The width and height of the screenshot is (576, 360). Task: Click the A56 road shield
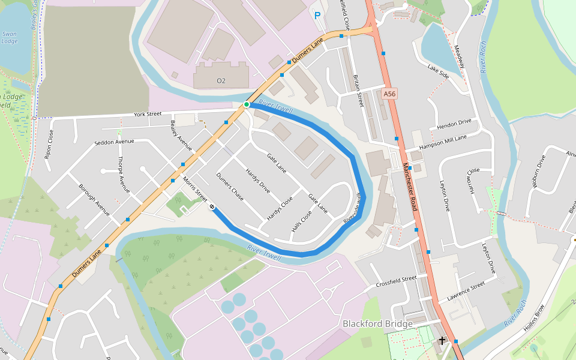[x=390, y=94]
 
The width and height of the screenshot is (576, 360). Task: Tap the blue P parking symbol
[x=317, y=16]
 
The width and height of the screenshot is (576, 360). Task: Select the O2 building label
[x=221, y=80]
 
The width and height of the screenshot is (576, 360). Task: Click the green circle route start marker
[x=247, y=105]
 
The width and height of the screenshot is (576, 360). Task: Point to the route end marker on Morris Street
[x=212, y=207]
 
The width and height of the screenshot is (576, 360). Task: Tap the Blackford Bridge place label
[x=377, y=324]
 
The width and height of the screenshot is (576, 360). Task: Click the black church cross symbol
[x=442, y=341]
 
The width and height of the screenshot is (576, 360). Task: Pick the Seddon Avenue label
[x=115, y=142]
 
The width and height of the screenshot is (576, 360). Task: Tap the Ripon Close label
[x=49, y=144]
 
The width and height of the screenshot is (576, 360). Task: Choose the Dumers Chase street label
[x=230, y=187]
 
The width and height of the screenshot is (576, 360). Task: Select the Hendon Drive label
[x=454, y=125]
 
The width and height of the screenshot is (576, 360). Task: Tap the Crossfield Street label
[x=396, y=281]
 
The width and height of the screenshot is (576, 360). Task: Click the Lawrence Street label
[x=466, y=292]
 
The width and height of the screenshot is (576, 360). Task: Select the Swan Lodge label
[x=10, y=38]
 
